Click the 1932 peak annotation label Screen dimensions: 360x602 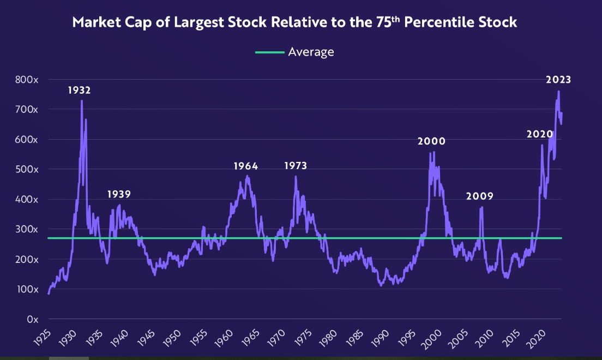79,91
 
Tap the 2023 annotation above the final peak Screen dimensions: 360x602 558,80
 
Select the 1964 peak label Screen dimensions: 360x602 246,166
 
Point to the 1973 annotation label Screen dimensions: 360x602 296,166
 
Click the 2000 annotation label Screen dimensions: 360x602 431,141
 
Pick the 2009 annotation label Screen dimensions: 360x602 479,196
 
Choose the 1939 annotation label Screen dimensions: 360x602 118,194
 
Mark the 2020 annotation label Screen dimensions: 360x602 540,134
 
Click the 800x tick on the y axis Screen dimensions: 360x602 27,80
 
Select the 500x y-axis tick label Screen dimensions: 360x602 27,170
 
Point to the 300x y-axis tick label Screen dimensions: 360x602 27,230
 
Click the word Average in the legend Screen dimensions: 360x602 311,52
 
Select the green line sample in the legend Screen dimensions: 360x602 269,52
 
